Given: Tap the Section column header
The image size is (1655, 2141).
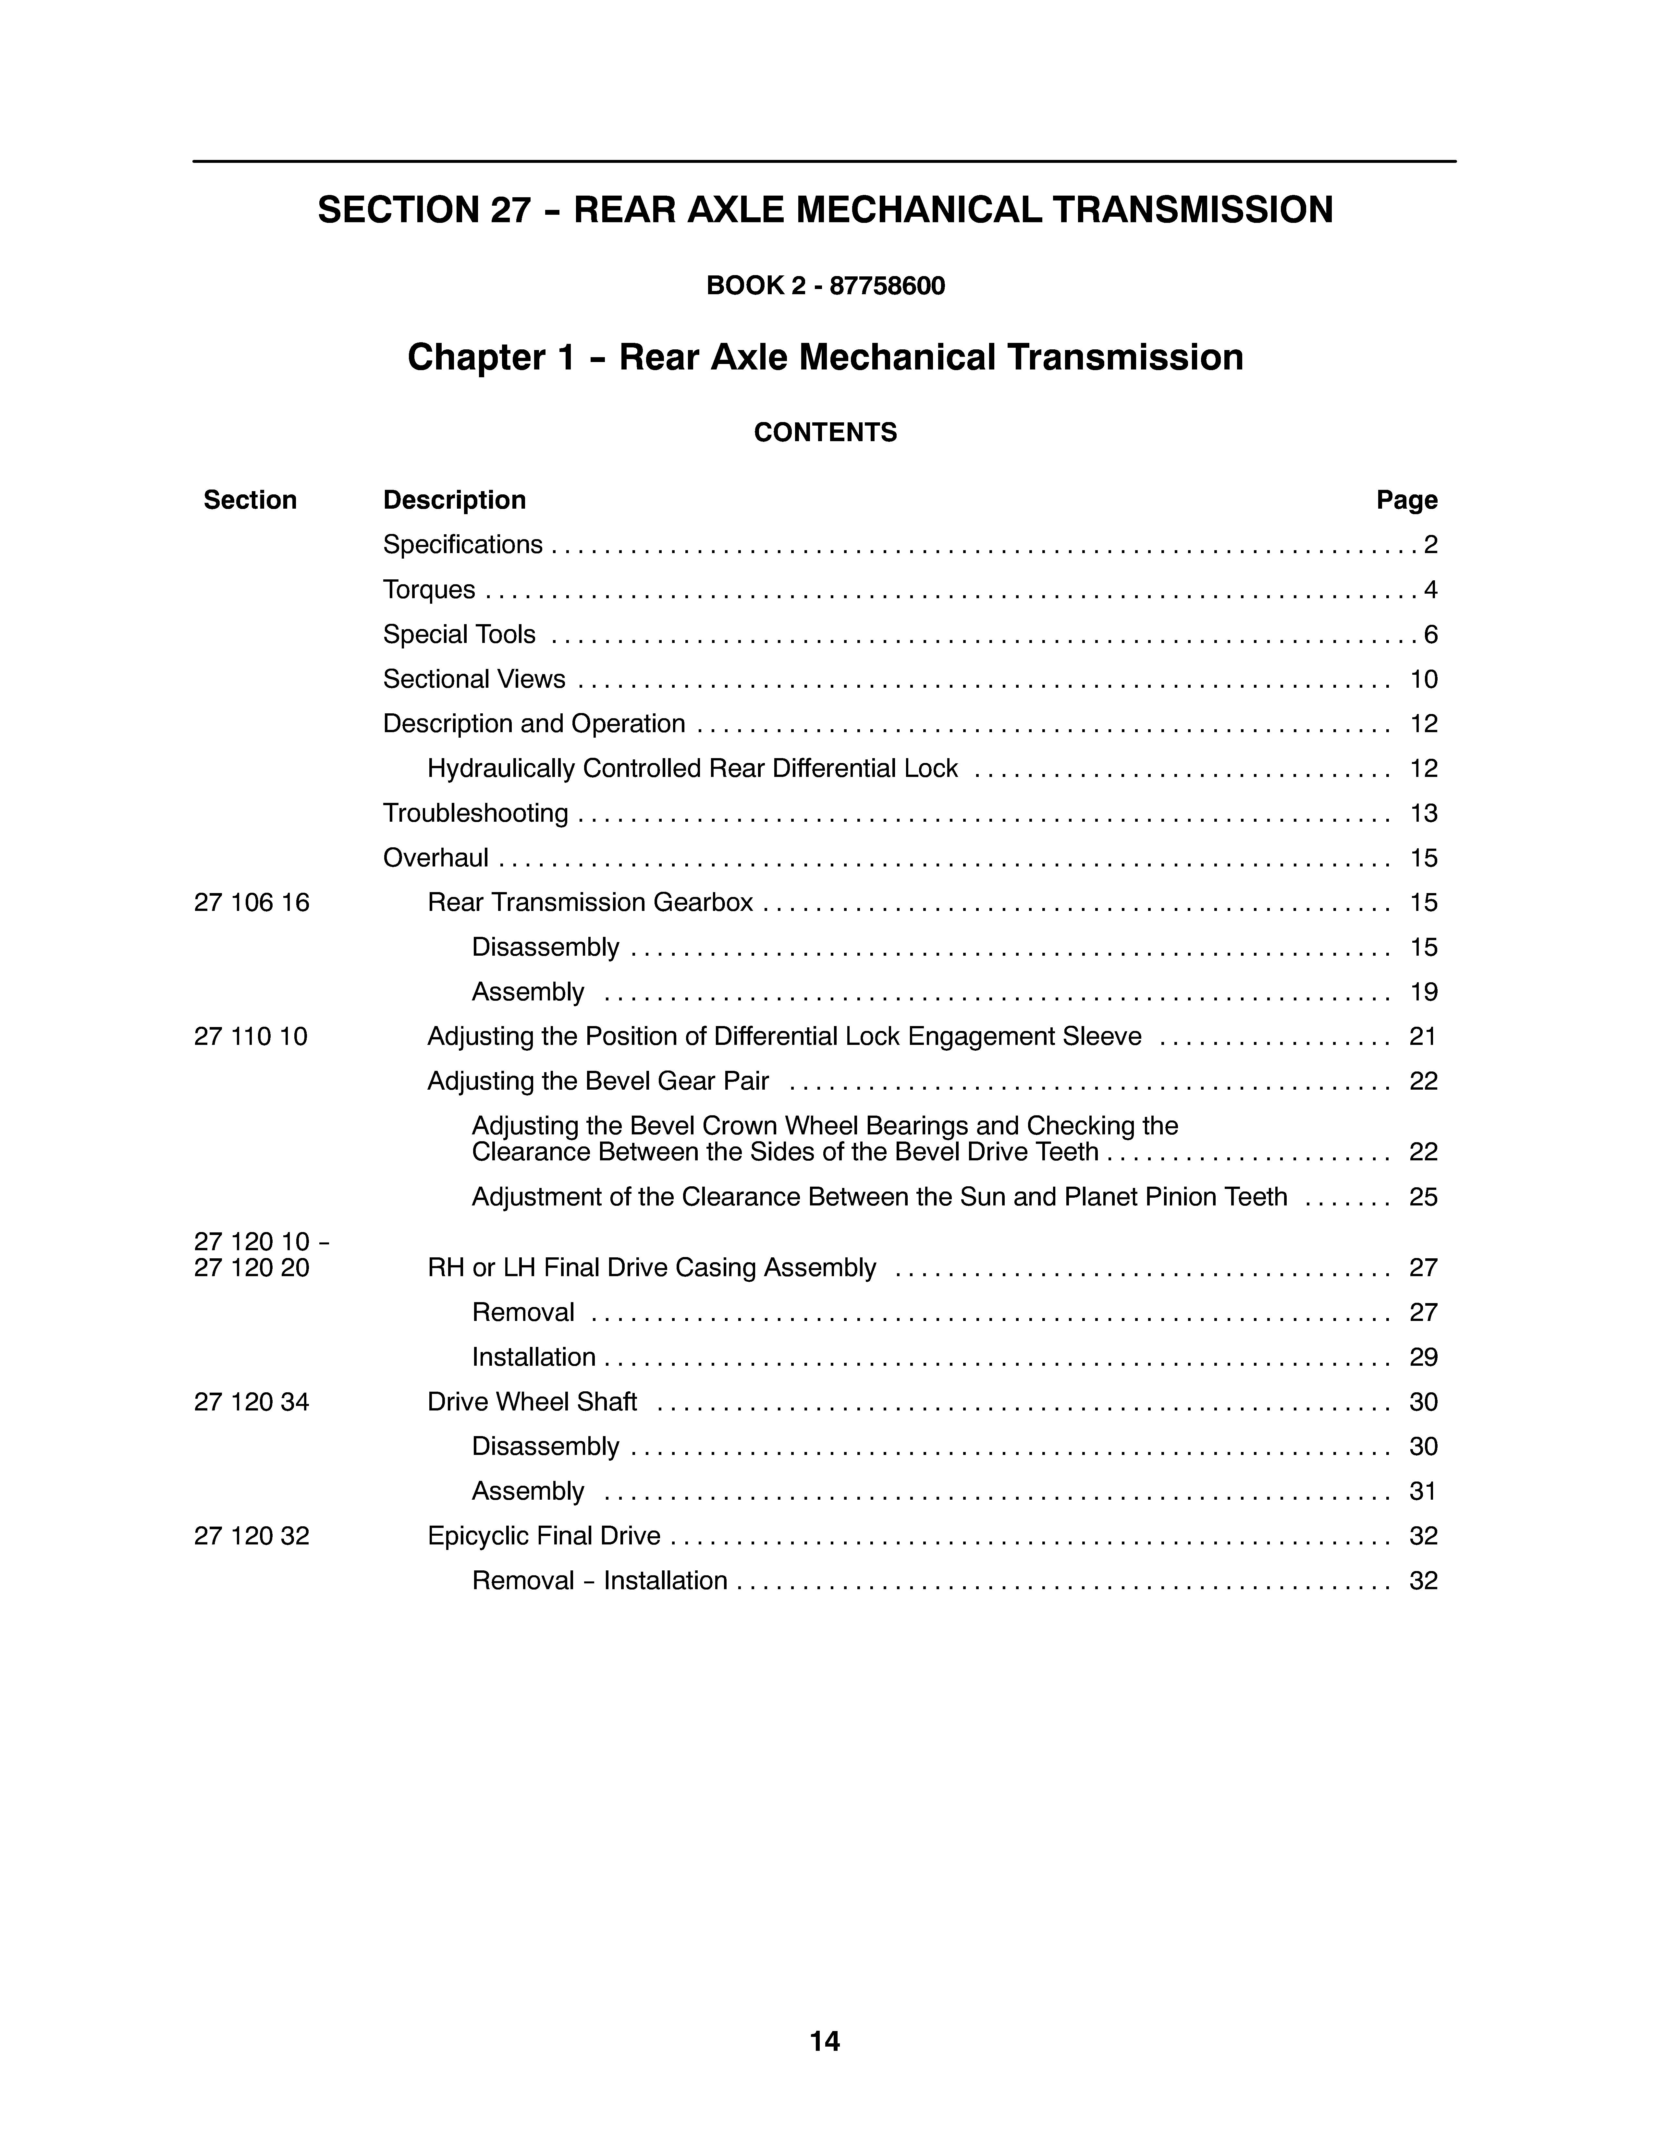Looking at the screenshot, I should point(250,500).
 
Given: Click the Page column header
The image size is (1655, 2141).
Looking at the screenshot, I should point(1406,500).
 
